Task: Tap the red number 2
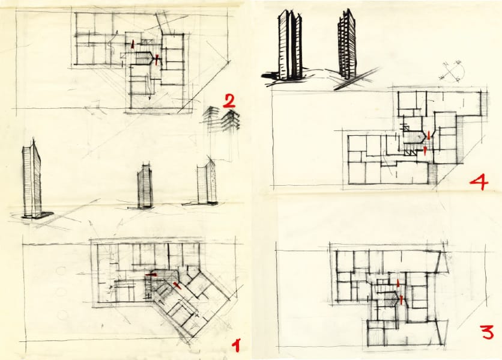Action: tap(229, 100)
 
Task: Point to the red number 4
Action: tap(479, 183)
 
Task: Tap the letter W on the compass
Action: tap(443, 77)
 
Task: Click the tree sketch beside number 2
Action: tap(222, 120)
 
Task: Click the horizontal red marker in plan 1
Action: tap(151, 275)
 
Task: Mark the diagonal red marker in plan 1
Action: tap(177, 285)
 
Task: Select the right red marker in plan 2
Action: tap(157, 59)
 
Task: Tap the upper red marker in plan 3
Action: tap(398, 283)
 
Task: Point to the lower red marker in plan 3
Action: tap(401, 300)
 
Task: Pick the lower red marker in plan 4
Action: tap(425, 150)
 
